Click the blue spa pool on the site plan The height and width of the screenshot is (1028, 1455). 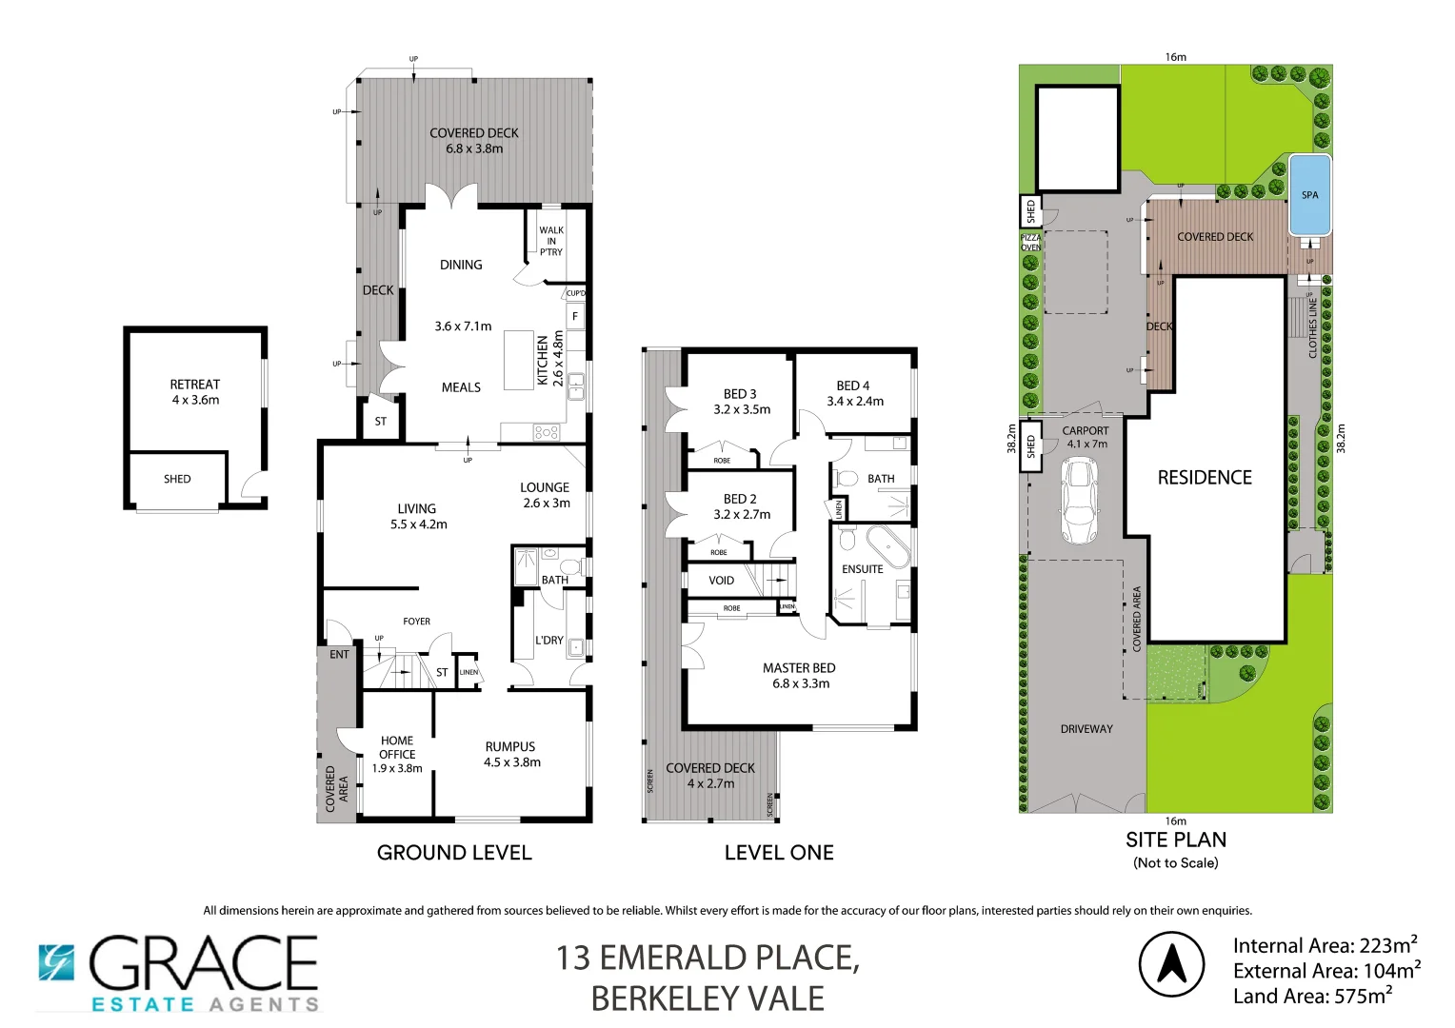[1309, 195]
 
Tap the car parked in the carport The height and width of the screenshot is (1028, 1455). [1079, 500]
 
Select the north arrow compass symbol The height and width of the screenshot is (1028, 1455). [1171, 964]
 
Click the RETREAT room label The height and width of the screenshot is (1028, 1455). [195, 385]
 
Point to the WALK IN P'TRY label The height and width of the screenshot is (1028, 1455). [551, 241]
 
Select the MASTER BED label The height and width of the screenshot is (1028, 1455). [799, 668]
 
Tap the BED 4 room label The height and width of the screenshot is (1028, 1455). [853, 385]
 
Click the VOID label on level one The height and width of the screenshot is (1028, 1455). [722, 580]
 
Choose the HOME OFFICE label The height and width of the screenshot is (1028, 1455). [397, 747]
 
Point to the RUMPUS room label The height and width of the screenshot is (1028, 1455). [510, 747]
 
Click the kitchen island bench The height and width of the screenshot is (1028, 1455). [519, 360]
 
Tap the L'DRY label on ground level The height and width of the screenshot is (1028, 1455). [549, 641]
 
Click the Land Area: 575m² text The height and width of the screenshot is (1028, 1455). [1312, 997]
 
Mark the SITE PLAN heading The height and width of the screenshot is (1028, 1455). [1176, 840]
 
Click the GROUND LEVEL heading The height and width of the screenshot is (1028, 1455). [454, 853]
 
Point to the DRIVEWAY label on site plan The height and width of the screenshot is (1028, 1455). [1086, 729]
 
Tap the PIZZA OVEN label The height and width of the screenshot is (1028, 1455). [1030, 242]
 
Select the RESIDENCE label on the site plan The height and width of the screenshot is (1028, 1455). [1205, 478]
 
